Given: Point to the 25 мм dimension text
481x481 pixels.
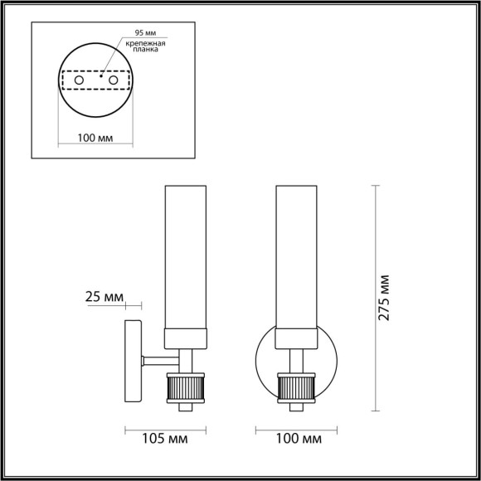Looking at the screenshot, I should coord(104,296).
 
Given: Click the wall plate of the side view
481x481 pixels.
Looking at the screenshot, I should coord(133,362).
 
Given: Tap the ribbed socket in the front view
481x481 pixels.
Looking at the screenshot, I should coord(296,387).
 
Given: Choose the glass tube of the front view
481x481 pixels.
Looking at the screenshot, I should coord(296,257).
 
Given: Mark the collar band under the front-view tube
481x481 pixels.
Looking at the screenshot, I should coord(296,337).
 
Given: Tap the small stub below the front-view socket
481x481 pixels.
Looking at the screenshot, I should coord(296,407).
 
